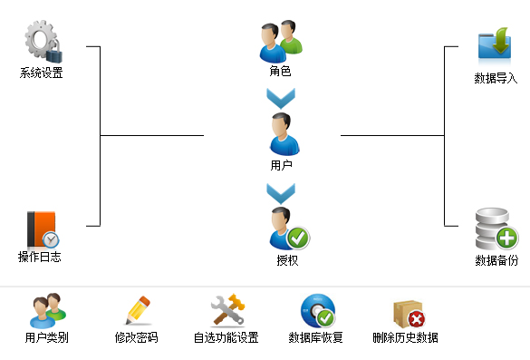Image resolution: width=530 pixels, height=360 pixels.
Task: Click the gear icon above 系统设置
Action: [43, 42]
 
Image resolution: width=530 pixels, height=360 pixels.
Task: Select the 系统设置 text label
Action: [42, 73]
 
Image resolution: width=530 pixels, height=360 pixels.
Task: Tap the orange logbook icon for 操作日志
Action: [43, 229]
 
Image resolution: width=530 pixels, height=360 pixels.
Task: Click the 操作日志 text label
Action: [40, 257]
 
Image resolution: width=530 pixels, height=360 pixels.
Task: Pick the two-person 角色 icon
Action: [281, 42]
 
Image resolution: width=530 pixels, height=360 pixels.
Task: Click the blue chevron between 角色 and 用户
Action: [281, 98]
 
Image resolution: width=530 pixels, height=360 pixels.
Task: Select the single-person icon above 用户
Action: [284, 134]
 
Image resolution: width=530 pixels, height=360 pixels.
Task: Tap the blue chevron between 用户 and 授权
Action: [281, 193]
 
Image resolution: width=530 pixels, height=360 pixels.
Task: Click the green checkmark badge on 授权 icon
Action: [298, 238]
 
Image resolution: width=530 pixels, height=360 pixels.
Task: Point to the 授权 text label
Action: [287, 260]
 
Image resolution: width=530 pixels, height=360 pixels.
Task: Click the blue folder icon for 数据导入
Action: [495, 44]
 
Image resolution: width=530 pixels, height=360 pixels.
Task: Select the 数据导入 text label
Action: [496, 78]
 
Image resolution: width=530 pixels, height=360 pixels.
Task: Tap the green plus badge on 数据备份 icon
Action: [506, 238]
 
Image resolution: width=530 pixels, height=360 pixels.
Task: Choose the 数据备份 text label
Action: [496, 260]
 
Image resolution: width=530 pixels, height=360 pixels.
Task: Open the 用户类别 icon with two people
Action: [48, 311]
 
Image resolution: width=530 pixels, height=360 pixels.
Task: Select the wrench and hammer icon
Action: [227, 310]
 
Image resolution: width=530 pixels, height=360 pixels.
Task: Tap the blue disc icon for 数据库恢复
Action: [318, 311]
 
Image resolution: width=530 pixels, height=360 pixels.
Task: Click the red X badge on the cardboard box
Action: [417, 319]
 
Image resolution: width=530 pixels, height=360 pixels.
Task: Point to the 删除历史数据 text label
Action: [405, 337]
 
